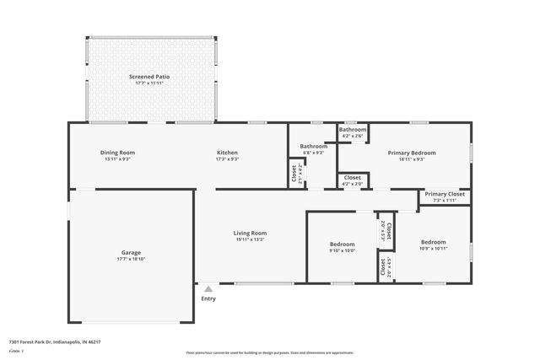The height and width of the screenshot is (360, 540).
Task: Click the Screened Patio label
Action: pos(152,77)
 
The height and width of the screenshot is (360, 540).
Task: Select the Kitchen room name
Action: pos(228,153)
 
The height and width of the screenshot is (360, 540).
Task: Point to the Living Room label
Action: pos(251,233)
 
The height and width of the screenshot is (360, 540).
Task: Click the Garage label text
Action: pos(131,253)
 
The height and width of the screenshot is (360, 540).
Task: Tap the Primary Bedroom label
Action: pos(412,153)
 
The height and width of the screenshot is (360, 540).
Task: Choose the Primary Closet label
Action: pos(445,194)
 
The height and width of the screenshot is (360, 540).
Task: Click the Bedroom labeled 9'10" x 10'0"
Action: pos(342,244)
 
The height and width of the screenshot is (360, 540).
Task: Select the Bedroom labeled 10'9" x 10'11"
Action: pos(433,242)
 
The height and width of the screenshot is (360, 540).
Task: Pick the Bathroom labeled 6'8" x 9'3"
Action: pos(313,146)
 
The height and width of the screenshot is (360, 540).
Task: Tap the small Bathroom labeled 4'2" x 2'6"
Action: pos(353,129)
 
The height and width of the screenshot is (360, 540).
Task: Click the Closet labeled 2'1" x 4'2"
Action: pos(294,173)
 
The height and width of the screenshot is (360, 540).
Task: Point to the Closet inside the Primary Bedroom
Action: pos(353,177)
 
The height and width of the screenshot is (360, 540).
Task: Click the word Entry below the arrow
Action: pos(208,298)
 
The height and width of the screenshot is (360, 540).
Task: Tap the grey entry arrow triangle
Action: pos(208,288)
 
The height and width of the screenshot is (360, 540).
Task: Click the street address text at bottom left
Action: pos(55,342)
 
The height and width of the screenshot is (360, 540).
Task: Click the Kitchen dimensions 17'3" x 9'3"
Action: pos(228,159)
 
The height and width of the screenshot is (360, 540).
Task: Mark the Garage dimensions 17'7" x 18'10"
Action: pos(131,260)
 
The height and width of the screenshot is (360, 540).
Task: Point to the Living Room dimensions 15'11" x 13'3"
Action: pos(251,239)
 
